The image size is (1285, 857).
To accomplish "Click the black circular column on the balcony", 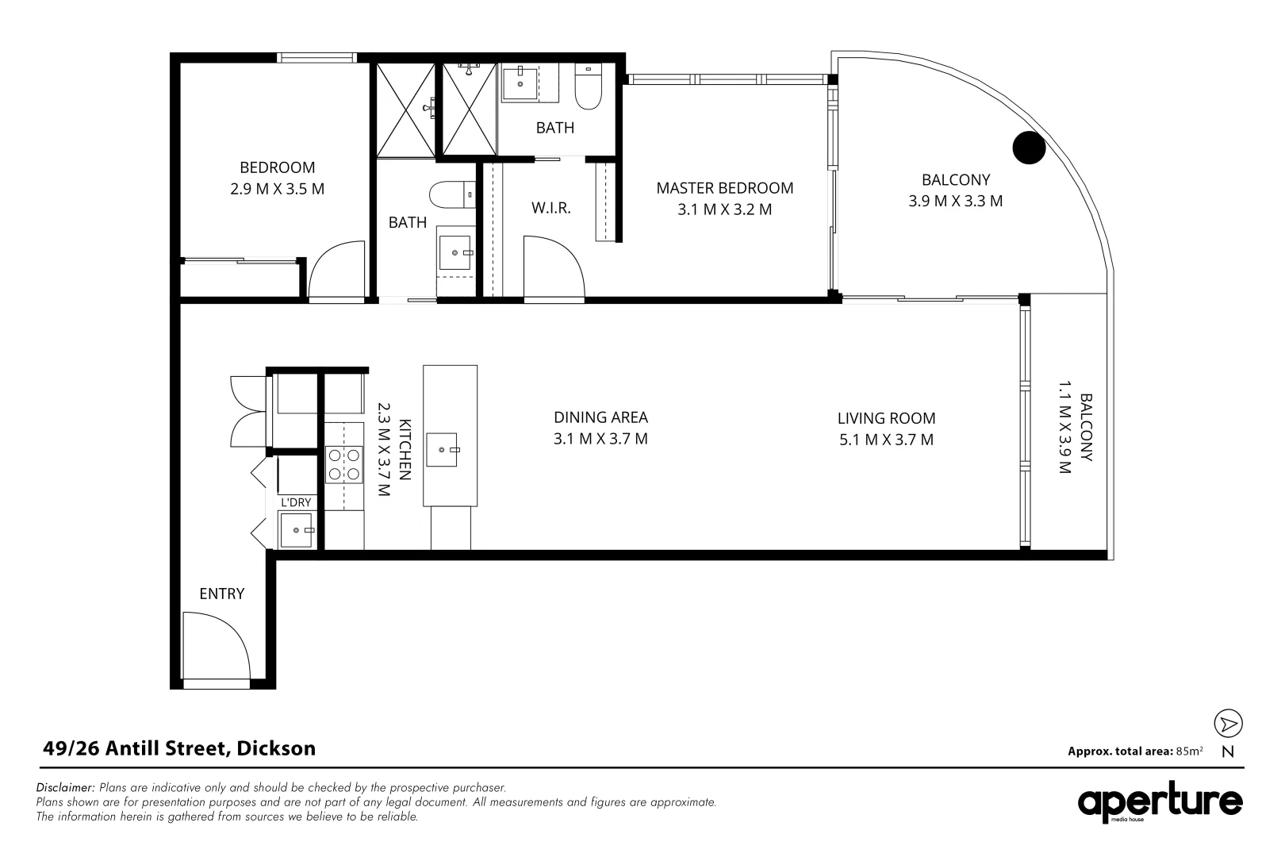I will click(x=1029, y=148).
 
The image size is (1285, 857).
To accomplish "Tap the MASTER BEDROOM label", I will click(x=724, y=188).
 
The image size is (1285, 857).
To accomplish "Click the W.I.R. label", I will click(x=550, y=209).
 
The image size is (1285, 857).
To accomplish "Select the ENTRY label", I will click(x=221, y=594).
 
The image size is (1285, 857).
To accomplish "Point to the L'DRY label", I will click(x=297, y=502).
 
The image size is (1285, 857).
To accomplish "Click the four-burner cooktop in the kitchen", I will click(x=343, y=465).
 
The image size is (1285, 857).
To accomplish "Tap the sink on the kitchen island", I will click(x=443, y=449).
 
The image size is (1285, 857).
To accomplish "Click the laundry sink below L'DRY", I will click(x=297, y=529).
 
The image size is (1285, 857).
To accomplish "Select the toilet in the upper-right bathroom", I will click(x=589, y=88).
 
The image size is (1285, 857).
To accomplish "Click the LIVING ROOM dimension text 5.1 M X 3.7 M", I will click(x=886, y=440).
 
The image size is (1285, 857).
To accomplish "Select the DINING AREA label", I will click(x=600, y=417).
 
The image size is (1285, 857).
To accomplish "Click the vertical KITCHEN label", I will click(x=405, y=449).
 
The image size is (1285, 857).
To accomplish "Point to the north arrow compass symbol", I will click(x=1228, y=724).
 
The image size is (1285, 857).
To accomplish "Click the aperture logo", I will click(x=1159, y=803).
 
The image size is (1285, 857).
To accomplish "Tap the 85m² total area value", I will click(x=1190, y=751).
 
